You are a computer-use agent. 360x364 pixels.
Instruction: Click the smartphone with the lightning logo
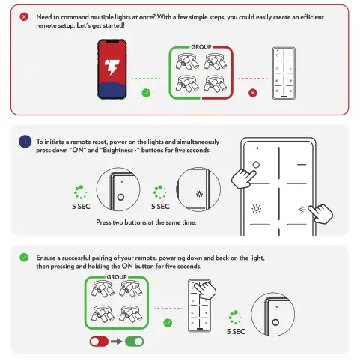click(112, 69)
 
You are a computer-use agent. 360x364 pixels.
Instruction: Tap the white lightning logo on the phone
click(112, 67)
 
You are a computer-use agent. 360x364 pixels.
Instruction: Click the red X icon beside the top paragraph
click(24, 17)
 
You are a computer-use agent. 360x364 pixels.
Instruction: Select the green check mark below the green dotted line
click(146, 93)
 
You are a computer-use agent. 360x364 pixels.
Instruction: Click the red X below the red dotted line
click(253, 93)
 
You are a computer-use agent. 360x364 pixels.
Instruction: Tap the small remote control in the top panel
click(284, 73)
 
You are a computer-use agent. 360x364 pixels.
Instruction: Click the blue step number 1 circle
click(25, 142)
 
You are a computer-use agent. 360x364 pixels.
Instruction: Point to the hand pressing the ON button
click(243, 178)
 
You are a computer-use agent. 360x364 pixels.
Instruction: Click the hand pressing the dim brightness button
click(321, 213)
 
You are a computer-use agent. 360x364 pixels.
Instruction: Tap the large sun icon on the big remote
click(256, 209)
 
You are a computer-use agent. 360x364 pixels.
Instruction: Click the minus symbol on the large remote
click(302, 165)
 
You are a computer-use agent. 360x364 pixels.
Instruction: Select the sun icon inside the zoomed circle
click(199, 194)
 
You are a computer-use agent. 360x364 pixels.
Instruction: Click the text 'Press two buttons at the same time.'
click(146, 222)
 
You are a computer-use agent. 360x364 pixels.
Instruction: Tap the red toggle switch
click(99, 342)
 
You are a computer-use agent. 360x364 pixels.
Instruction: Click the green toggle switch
click(135, 342)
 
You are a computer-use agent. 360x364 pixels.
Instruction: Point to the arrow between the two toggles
click(117, 342)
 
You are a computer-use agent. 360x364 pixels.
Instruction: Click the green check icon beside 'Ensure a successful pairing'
click(24, 258)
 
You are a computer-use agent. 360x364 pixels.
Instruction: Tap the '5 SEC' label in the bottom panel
click(236, 331)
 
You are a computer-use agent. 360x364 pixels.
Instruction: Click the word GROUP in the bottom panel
click(117, 277)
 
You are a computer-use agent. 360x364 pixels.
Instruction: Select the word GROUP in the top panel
click(201, 47)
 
